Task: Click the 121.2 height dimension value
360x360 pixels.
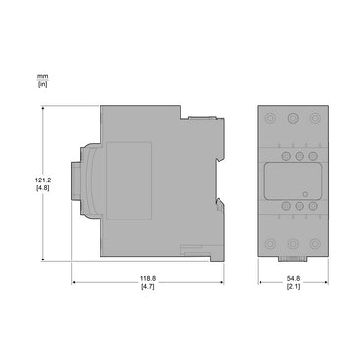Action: [42, 180]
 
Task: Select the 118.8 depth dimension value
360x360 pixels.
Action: [148, 279]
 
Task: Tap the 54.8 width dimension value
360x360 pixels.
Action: [293, 279]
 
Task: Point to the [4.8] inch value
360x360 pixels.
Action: [42, 188]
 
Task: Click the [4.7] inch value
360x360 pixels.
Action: [148, 287]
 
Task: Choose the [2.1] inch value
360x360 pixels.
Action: [293, 287]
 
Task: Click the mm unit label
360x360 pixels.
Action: [42, 77]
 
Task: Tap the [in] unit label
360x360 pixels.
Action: [42, 84]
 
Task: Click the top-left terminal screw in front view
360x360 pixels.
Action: [270, 118]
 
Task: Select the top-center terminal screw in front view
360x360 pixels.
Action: [293, 118]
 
